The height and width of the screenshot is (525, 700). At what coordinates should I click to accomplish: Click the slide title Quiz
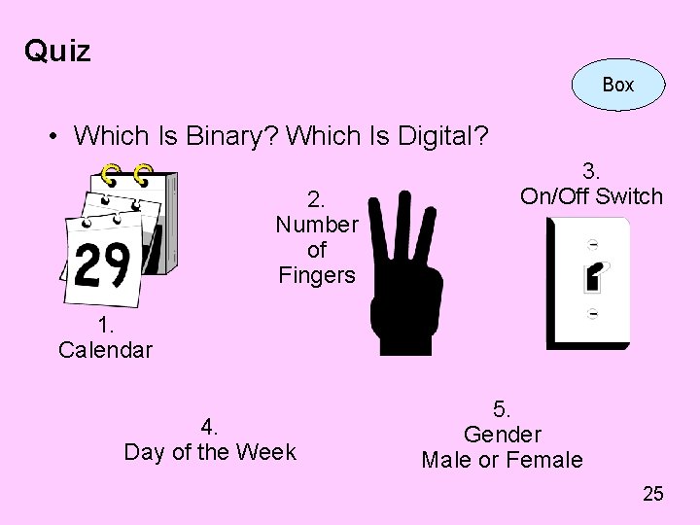[57, 51]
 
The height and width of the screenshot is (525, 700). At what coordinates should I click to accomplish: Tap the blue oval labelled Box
[617, 85]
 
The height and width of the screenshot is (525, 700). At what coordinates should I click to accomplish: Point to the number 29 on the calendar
[102, 263]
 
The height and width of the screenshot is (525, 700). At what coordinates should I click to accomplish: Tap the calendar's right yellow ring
[143, 175]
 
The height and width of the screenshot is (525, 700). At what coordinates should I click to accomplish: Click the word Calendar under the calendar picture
[105, 350]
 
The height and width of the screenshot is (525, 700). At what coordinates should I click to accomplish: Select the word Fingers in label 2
[317, 275]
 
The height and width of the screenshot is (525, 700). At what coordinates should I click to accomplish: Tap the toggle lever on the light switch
[591, 278]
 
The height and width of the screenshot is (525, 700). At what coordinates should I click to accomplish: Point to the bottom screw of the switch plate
[592, 313]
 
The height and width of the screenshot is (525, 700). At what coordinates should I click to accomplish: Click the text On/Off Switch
[591, 196]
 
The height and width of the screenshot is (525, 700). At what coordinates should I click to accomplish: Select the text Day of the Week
[210, 452]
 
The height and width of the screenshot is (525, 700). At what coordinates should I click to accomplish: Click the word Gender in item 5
[502, 435]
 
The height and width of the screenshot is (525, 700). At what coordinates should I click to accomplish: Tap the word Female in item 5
[548, 460]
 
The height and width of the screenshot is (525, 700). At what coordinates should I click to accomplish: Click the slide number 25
[653, 494]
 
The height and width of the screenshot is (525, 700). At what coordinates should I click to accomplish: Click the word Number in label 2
[317, 225]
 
